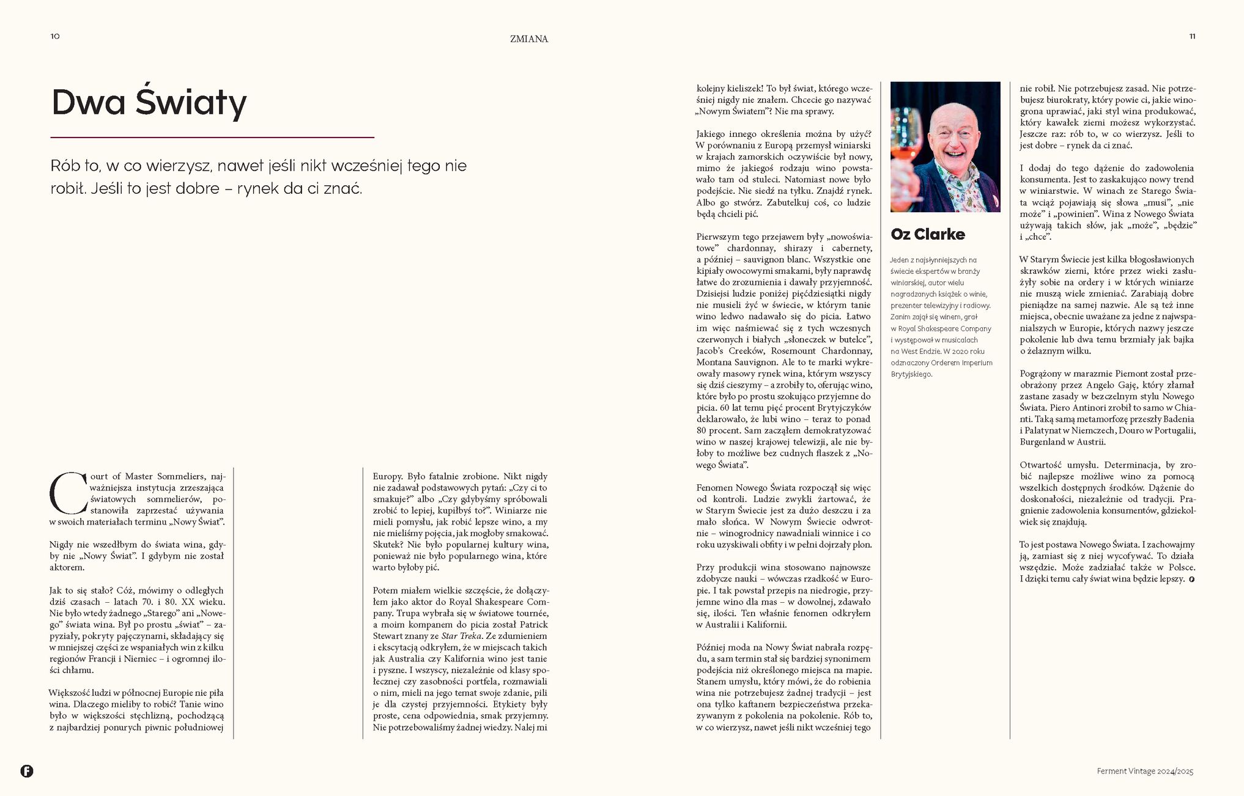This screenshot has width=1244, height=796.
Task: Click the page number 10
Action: click(55, 36)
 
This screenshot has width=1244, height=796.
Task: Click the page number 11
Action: click(1192, 36)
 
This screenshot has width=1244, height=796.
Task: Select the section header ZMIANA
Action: click(529, 39)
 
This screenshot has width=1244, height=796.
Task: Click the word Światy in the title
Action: click(191, 102)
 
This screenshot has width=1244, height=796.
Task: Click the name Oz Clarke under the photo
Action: click(928, 234)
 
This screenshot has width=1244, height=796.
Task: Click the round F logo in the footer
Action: click(27, 771)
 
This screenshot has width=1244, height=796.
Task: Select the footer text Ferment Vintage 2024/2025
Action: click(1144, 771)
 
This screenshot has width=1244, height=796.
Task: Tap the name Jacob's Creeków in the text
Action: click(730, 351)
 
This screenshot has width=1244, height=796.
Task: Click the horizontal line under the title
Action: click(212, 138)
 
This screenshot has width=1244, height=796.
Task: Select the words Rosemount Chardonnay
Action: click(821, 351)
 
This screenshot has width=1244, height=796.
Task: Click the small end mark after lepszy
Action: click(1191, 579)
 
